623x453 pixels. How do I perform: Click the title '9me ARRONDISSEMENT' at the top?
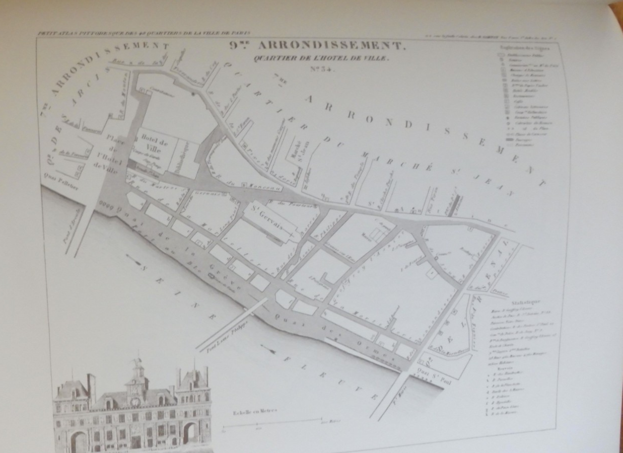tap(317, 46)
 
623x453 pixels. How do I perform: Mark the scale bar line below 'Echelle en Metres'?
tap(272, 422)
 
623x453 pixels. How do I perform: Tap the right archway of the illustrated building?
tap(190, 434)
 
